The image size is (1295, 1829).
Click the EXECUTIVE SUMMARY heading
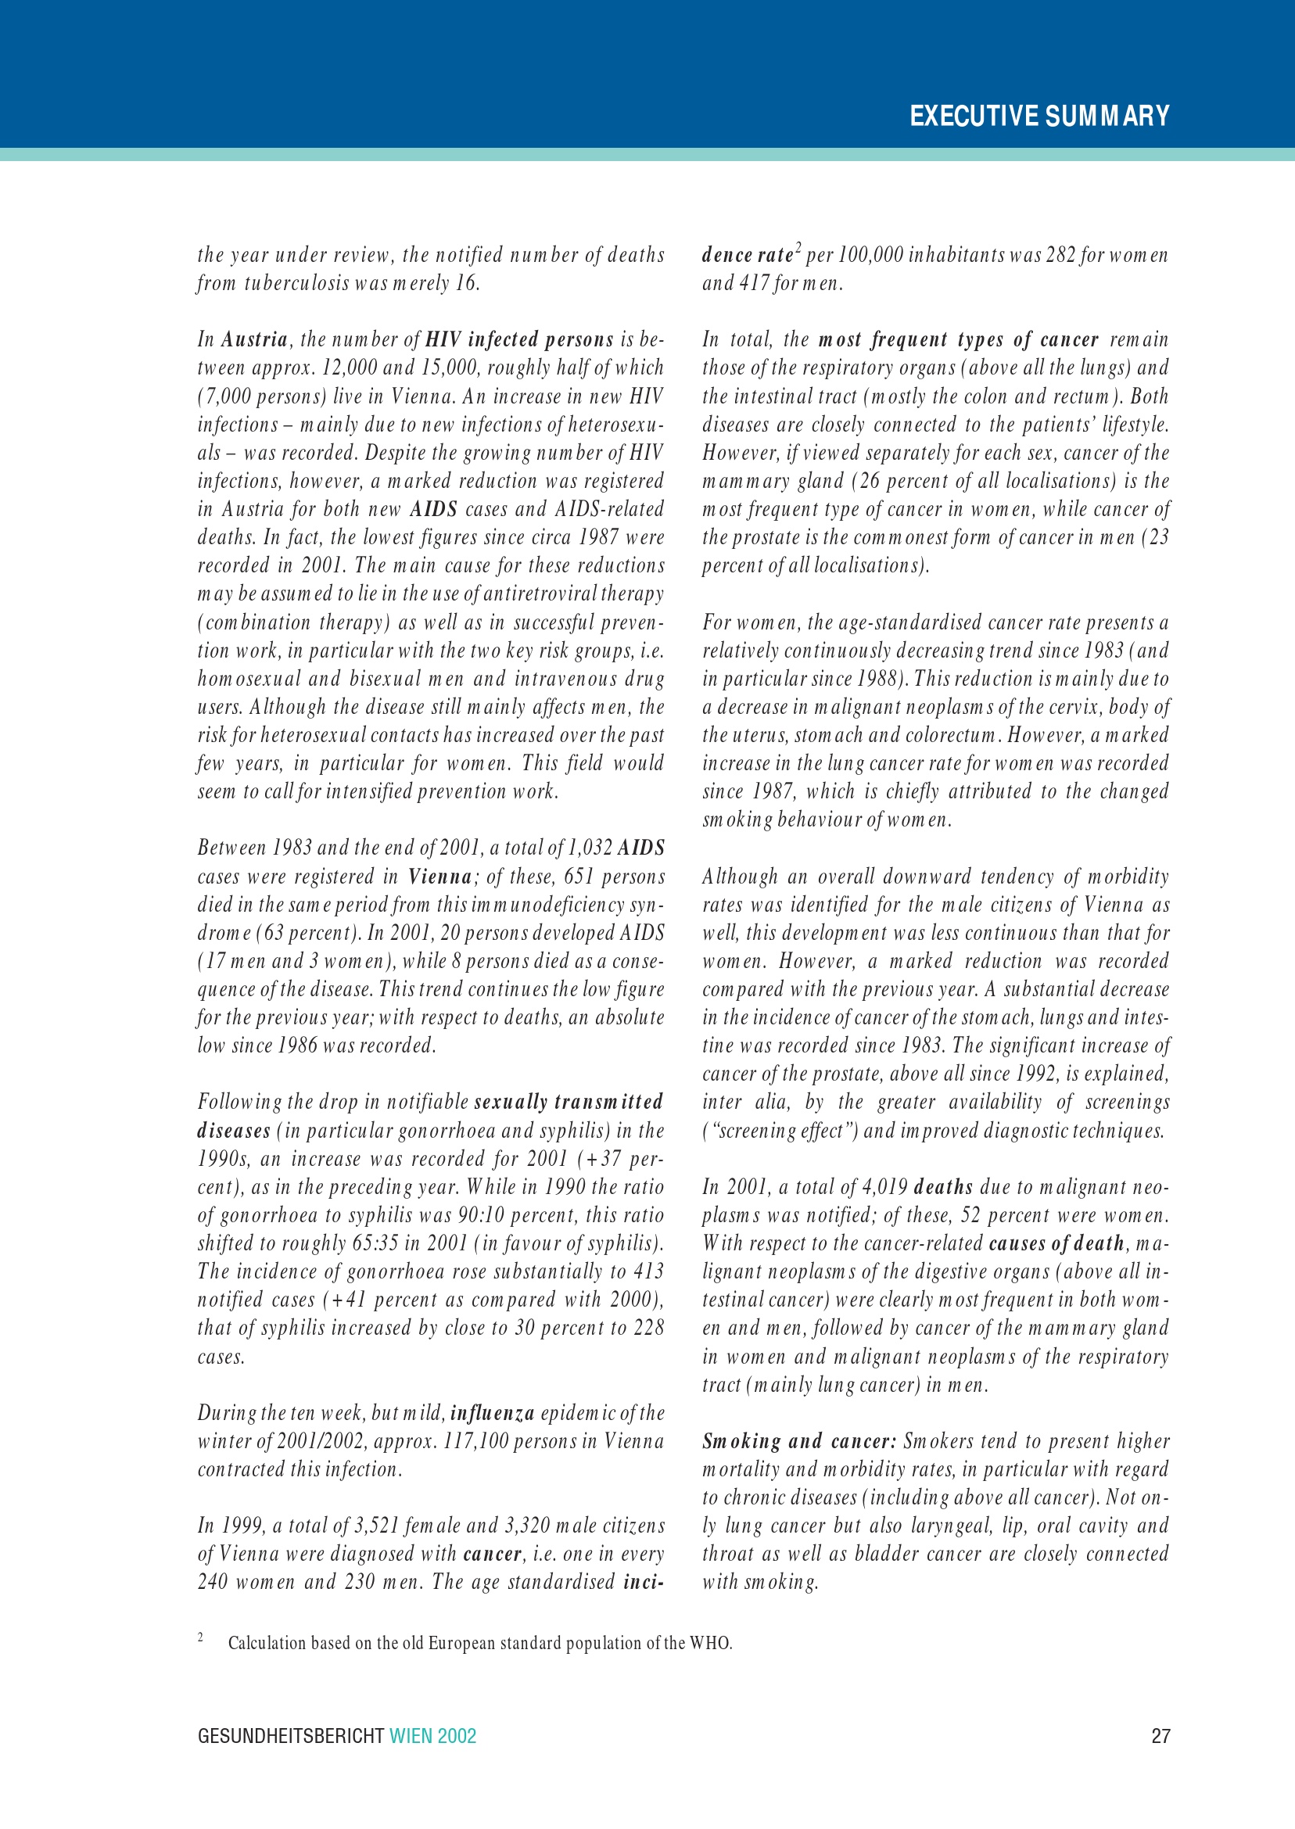tap(1039, 117)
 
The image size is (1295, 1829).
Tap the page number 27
tap(1160, 1736)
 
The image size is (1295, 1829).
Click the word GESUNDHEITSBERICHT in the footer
tap(291, 1736)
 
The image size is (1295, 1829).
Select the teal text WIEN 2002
tap(432, 1736)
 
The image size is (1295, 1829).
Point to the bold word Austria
tap(253, 339)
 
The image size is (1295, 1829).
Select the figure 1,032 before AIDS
tap(590, 848)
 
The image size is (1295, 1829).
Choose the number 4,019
tap(883, 1187)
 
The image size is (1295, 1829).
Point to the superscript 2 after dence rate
tap(798, 249)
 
